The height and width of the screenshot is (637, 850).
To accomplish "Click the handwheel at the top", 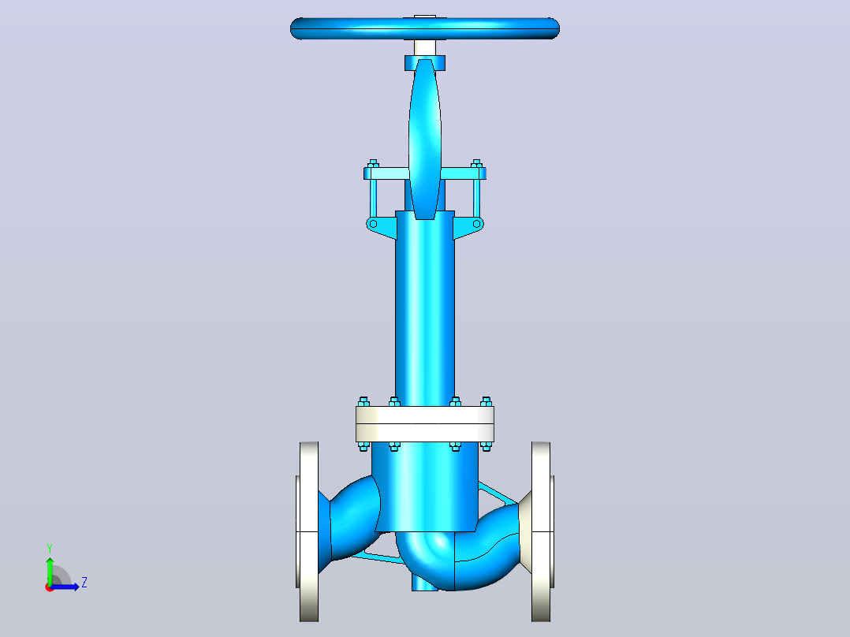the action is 425,28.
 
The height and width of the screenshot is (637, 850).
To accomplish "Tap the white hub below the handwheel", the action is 425,48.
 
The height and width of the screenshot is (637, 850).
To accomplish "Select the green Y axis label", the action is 50,548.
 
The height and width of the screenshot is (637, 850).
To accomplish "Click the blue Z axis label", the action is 84,583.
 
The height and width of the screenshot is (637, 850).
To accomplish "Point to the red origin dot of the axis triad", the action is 50,587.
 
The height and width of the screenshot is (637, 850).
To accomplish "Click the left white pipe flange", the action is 308,532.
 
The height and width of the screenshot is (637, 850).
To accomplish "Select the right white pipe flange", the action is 542,532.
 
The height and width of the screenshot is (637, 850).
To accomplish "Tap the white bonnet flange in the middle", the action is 425,424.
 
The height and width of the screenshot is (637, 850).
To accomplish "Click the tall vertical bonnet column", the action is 425,308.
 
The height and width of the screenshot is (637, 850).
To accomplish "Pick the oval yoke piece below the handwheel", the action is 425,140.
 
